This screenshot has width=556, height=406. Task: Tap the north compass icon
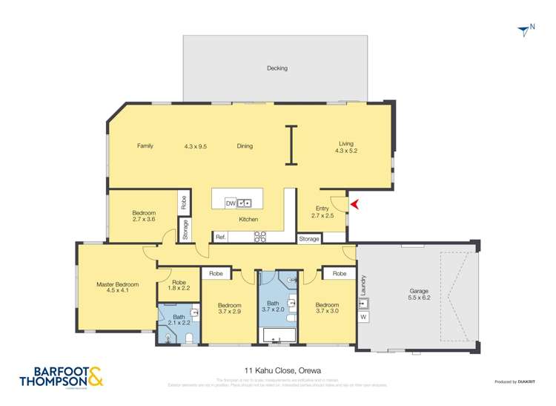click(526, 30)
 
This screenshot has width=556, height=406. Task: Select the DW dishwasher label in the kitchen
click(231, 203)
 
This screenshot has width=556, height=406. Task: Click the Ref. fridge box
click(220, 237)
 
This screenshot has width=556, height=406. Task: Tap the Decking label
click(277, 68)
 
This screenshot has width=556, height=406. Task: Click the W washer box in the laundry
click(363, 318)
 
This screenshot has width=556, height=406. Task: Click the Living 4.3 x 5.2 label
click(346, 148)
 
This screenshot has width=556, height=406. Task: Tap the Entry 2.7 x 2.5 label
click(322, 212)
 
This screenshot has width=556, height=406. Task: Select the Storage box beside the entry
click(309, 239)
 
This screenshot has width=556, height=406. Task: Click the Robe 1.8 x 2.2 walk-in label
click(179, 285)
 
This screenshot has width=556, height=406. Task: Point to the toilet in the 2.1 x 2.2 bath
click(190, 338)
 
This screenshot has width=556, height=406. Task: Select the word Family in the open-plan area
click(145, 146)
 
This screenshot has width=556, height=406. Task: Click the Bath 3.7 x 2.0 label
click(273, 307)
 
